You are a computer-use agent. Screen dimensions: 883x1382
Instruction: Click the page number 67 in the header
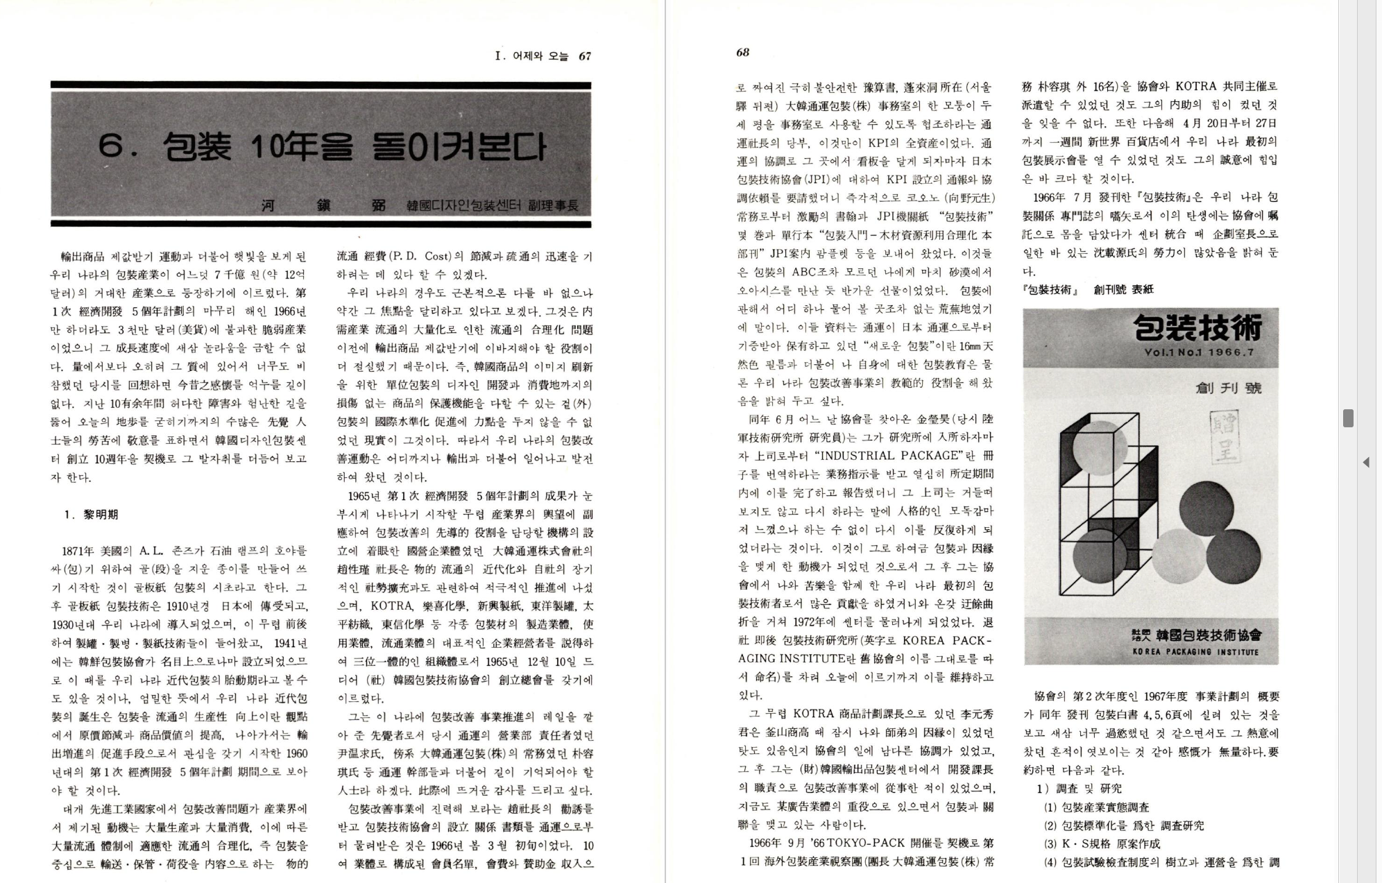tap(585, 56)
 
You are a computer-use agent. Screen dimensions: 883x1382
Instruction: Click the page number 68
tap(742, 53)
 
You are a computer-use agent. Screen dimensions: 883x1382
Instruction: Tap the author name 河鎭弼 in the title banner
tap(322, 206)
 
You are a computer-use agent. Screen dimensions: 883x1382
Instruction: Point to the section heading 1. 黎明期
tap(91, 515)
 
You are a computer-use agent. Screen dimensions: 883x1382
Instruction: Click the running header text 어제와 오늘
tap(540, 56)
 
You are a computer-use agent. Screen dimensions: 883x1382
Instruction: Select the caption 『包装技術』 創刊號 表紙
tap(1088, 290)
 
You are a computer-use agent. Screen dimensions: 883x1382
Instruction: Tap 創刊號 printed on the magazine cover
tap(1229, 387)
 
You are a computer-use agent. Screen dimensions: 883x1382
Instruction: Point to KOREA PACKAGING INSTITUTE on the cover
tap(1195, 652)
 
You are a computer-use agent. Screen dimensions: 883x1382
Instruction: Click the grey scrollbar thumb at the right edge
tap(1348, 418)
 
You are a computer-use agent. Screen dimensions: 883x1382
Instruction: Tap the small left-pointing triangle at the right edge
tap(1365, 462)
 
